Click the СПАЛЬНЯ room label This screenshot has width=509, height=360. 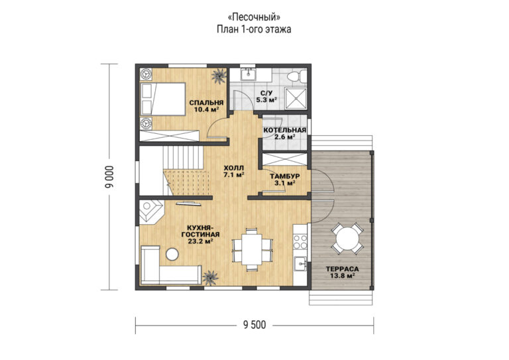(x=207, y=103)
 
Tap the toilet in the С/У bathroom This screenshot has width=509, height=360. (x=296, y=76)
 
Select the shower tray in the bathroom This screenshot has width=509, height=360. (x=296, y=98)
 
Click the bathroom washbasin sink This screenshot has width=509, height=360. (x=249, y=74)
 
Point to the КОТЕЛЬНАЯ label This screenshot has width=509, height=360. (x=285, y=130)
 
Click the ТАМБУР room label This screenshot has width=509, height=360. (x=285, y=176)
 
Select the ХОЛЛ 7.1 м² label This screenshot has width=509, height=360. (x=234, y=172)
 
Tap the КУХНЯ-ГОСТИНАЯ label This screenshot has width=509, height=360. (x=200, y=234)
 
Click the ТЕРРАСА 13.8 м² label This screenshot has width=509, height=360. (x=342, y=272)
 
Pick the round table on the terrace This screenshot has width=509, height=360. (x=347, y=239)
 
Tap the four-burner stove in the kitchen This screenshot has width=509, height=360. (x=300, y=242)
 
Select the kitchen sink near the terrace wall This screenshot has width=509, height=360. (x=300, y=263)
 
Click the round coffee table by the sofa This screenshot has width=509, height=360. (x=172, y=254)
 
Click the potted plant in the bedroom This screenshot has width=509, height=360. (x=219, y=76)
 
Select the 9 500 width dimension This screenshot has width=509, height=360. (x=254, y=325)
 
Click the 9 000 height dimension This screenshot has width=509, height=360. (x=110, y=177)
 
